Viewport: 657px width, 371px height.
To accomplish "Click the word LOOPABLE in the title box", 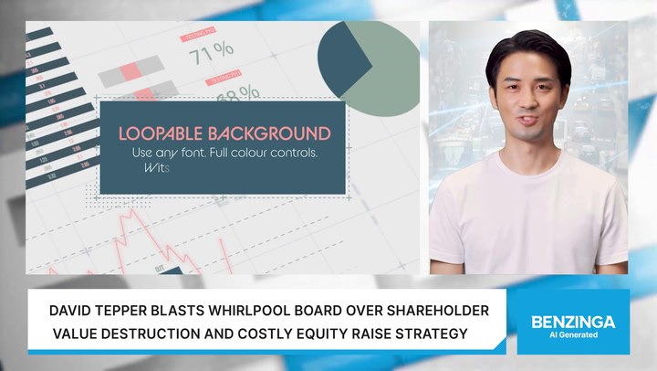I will pos(156,132).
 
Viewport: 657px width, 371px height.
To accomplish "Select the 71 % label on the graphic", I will pos(211,51).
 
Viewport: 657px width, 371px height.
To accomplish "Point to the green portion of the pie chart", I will pos(383,69).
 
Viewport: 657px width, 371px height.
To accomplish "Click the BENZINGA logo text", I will pos(573,322).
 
